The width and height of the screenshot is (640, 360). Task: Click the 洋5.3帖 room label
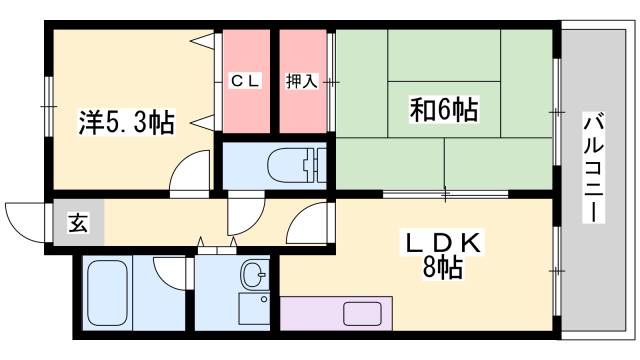pyautogui.click(x=127, y=123)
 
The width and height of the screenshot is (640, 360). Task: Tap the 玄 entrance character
pyautogui.click(x=78, y=223)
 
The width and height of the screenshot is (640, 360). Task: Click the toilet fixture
pyautogui.click(x=300, y=164)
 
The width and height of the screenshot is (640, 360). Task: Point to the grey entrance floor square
pyautogui.click(x=78, y=223)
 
